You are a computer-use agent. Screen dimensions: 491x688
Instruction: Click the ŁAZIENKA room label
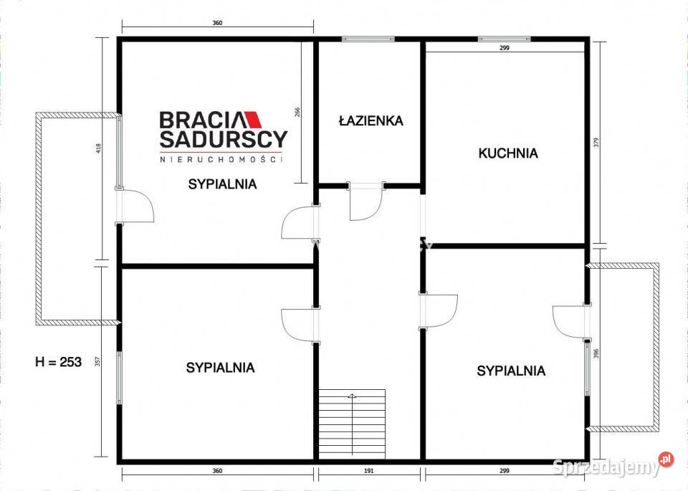371,121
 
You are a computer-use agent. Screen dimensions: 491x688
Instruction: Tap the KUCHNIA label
507,153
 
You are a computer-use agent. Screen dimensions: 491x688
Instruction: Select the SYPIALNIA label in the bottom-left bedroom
220,368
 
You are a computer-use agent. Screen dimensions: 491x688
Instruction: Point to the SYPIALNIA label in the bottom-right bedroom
511,371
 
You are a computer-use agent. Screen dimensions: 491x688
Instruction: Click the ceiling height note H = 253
58,362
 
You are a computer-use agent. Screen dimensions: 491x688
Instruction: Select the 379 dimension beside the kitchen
596,141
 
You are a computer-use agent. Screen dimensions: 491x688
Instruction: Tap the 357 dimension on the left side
99,361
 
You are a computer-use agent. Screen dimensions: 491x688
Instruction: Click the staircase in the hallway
352,423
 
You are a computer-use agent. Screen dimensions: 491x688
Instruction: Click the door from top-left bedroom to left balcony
136,207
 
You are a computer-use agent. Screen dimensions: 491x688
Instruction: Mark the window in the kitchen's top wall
504,39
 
